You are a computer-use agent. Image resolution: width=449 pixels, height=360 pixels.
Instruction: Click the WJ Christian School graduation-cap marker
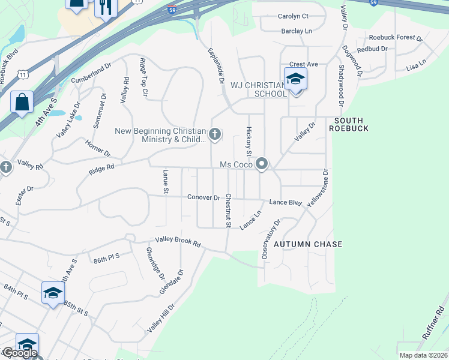click(295, 79)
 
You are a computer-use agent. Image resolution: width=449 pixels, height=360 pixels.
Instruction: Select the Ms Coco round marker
click(262, 164)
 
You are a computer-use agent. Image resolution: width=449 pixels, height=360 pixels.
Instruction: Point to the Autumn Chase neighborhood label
click(308, 244)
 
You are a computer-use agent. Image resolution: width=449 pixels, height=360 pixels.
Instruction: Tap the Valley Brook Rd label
click(178, 241)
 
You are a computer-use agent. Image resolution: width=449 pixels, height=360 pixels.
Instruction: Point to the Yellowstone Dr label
click(318, 188)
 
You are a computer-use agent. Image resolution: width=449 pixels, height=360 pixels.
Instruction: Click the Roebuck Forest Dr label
click(396, 37)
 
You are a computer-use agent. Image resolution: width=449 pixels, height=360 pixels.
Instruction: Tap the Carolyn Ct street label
click(293, 16)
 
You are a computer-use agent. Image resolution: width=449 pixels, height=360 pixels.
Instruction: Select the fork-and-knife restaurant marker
click(106, 7)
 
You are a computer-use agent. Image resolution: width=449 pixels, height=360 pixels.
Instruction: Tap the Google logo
click(20, 353)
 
